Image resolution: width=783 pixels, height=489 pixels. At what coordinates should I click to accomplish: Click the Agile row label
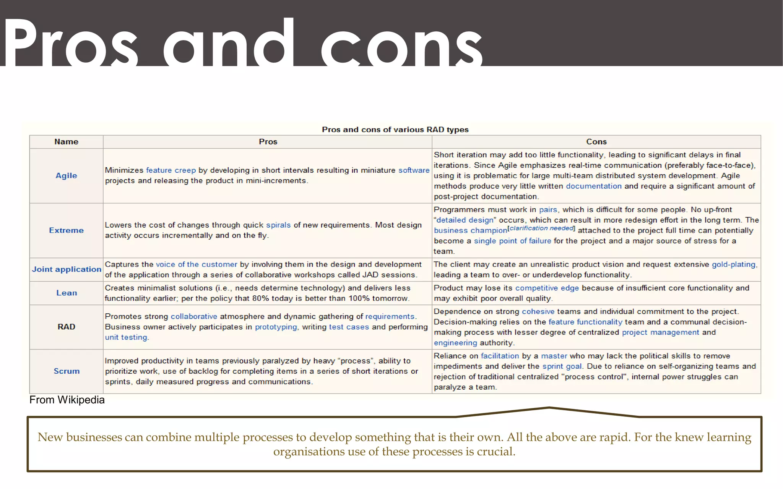(66, 176)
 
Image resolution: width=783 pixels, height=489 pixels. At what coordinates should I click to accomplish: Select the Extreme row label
(66, 230)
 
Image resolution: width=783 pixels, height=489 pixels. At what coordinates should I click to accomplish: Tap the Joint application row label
(67, 269)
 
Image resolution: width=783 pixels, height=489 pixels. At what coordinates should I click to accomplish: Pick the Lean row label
(67, 293)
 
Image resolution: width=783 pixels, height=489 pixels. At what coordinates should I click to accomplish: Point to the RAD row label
(66, 327)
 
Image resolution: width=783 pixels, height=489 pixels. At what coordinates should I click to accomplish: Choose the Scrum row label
(67, 371)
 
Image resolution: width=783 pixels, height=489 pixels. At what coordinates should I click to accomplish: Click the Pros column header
(268, 142)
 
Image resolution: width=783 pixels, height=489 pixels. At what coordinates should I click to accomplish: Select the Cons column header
(596, 142)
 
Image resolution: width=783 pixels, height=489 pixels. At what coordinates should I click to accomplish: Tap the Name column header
(66, 142)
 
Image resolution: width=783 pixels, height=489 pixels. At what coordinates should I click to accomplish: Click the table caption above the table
(395, 130)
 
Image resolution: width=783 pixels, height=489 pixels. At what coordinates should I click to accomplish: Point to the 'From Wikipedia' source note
(67, 400)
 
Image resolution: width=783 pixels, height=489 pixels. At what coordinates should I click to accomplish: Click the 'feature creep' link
(171, 170)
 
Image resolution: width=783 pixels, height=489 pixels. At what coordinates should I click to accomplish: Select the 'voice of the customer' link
(197, 264)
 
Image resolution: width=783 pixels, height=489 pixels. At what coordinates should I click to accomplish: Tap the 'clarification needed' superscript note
(541, 228)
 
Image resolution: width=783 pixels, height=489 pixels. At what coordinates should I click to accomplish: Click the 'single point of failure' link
(512, 241)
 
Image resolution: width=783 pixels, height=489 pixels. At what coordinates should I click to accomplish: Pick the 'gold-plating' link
(734, 264)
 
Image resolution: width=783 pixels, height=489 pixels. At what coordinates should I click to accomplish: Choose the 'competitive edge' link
(547, 288)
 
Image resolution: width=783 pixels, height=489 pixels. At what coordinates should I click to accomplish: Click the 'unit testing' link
(126, 337)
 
